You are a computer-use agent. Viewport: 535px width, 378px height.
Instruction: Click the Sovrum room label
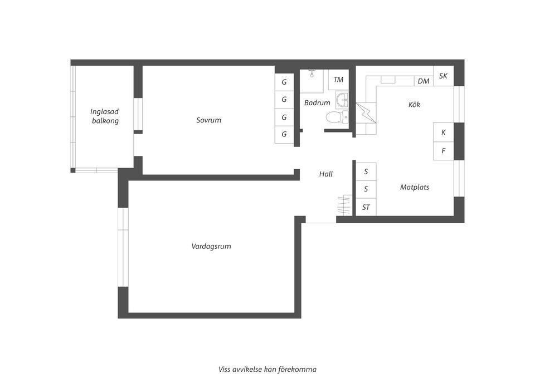(208, 120)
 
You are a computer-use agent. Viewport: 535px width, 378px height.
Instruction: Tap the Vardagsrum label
(211, 246)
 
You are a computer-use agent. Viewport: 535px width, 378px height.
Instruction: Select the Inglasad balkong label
(105, 116)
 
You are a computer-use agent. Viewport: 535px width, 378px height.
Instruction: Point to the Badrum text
(317, 103)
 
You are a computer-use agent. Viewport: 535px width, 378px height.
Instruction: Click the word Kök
(414, 105)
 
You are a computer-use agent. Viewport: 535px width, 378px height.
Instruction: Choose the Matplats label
(415, 188)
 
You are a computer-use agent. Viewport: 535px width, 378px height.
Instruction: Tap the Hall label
(326, 174)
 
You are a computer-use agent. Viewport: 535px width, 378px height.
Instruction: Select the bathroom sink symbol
(342, 100)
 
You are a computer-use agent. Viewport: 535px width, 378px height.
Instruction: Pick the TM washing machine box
(338, 80)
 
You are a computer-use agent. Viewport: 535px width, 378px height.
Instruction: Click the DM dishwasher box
(424, 81)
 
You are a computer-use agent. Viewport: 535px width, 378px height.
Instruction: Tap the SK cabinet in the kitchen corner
(443, 76)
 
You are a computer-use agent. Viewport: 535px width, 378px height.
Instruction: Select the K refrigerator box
(444, 132)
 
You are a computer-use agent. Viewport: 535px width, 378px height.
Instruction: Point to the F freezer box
(444, 151)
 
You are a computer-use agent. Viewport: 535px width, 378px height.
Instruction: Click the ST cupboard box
(366, 208)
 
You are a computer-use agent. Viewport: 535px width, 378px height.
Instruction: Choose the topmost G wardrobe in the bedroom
(284, 82)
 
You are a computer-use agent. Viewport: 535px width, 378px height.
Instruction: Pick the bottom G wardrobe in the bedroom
(284, 134)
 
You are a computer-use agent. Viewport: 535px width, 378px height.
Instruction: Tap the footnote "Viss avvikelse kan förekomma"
(267, 369)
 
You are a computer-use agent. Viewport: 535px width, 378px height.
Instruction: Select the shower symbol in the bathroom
(312, 73)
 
